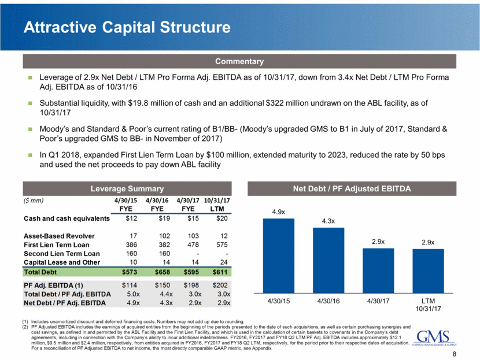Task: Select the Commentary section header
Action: tap(239, 61)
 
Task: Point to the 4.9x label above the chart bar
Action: tap(278, 213)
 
